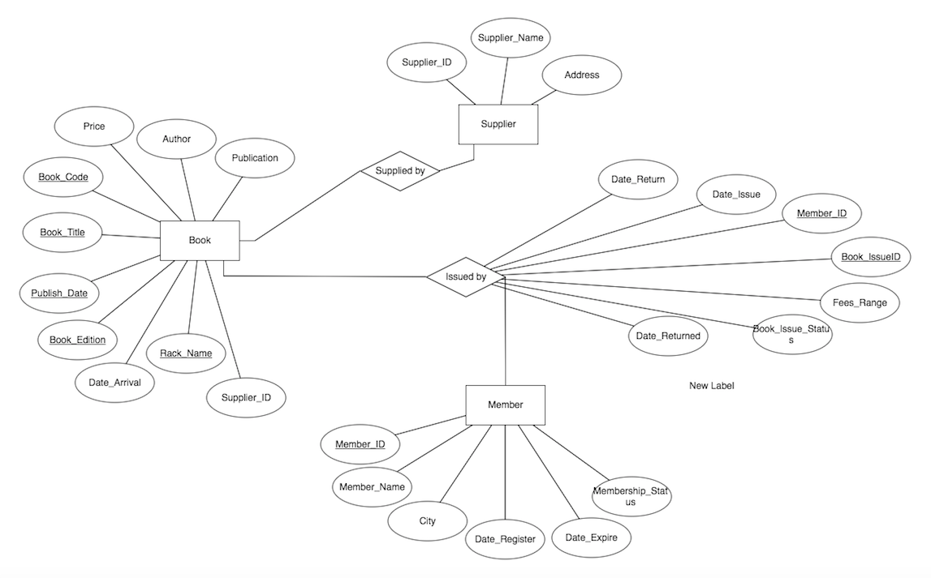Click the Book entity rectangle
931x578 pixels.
[200, 241]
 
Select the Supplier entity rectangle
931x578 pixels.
[498, 125]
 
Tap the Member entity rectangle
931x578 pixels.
[505, 405]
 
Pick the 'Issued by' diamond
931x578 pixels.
[466, 277]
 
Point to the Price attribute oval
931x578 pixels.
[93, 126]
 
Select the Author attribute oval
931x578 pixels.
[176, 139]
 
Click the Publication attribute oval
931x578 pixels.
[255, 158]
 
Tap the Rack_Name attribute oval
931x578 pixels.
[186, 353]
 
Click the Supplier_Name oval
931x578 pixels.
[511, 38]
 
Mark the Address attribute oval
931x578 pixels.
[582, 75]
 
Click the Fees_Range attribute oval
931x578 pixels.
[860, 303]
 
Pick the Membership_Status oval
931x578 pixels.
[631, 496]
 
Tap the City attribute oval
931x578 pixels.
[427, 521]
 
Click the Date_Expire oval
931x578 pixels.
[591, 537]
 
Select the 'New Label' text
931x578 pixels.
[711, 386]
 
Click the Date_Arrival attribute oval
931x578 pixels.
[114, 383]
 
